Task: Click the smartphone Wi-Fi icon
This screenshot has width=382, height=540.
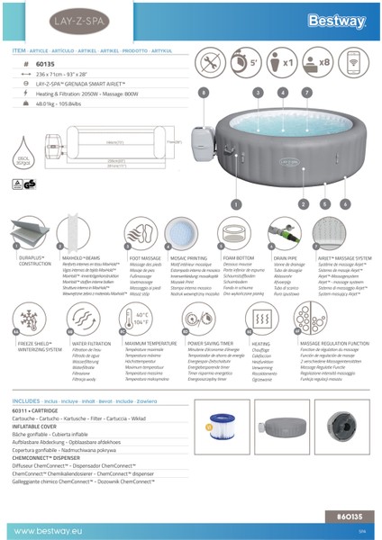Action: pos(353,65)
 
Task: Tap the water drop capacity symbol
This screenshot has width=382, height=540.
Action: pos(24,160)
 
